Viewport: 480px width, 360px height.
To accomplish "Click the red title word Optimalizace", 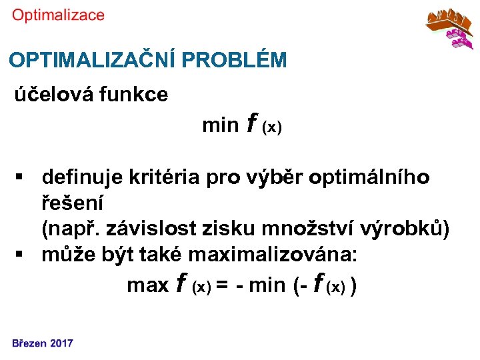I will point(58,15).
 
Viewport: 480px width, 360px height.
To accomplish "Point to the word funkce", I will point(133,95).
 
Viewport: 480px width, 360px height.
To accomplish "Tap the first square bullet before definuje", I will point(21,178).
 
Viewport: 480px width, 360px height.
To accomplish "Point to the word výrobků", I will point(401,229).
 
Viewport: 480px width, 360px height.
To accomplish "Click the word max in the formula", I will point(147,285).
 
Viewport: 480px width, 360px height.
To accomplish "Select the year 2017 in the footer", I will point(62,343).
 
